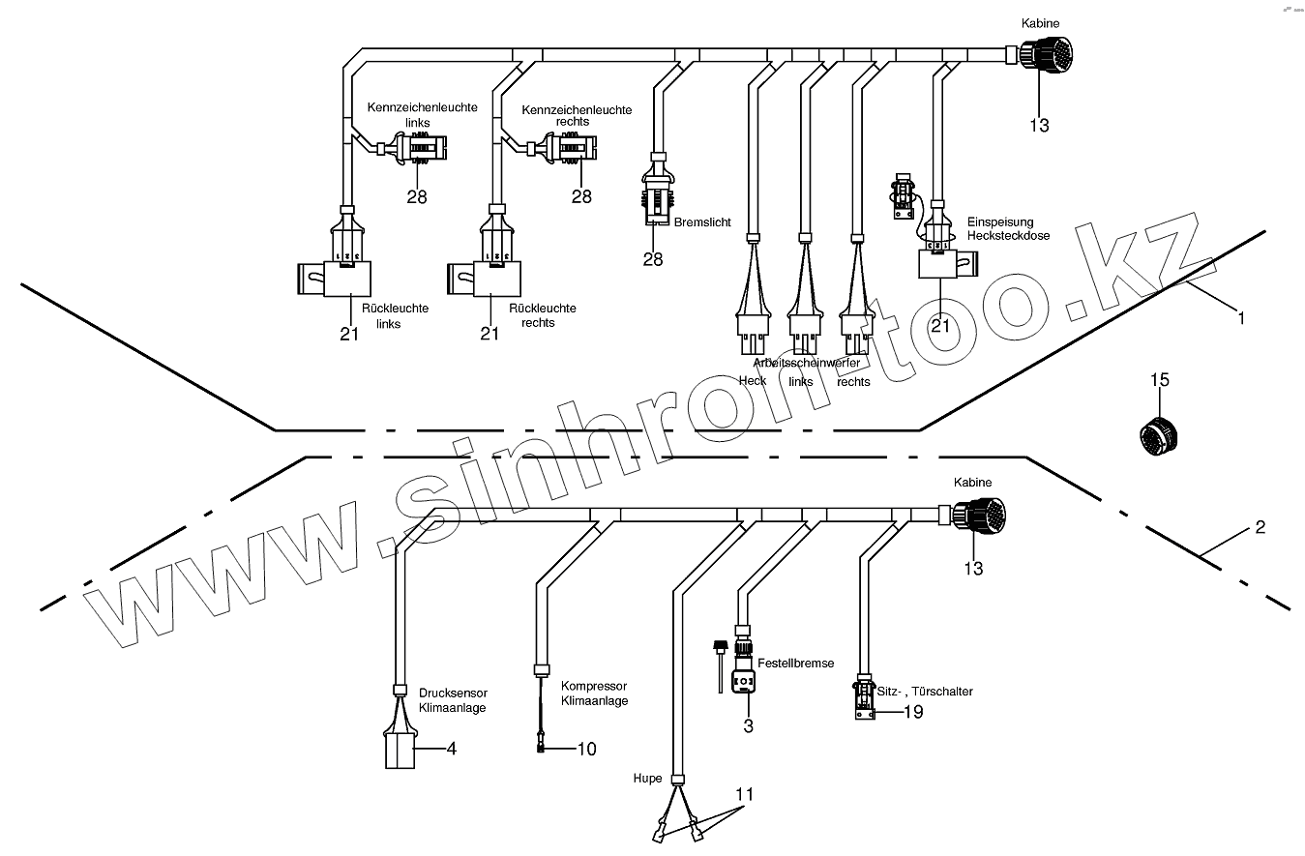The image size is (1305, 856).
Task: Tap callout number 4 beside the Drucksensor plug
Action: pos(450,749)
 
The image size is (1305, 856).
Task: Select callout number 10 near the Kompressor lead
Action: pos(586,749)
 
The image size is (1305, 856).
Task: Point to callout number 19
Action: pos(913,712)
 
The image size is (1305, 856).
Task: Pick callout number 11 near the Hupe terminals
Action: pos(743,794)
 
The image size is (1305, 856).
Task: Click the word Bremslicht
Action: pos(702,222)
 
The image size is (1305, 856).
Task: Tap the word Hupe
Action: pos(647,779)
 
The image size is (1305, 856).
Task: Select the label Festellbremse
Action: pos(795,664)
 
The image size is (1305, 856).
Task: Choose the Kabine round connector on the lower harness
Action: pos(978,514)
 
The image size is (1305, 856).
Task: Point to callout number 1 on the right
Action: pos(1242,317)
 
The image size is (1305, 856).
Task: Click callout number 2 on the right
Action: pos(1260,528)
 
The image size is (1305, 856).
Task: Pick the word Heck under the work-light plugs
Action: pos(752,380)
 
